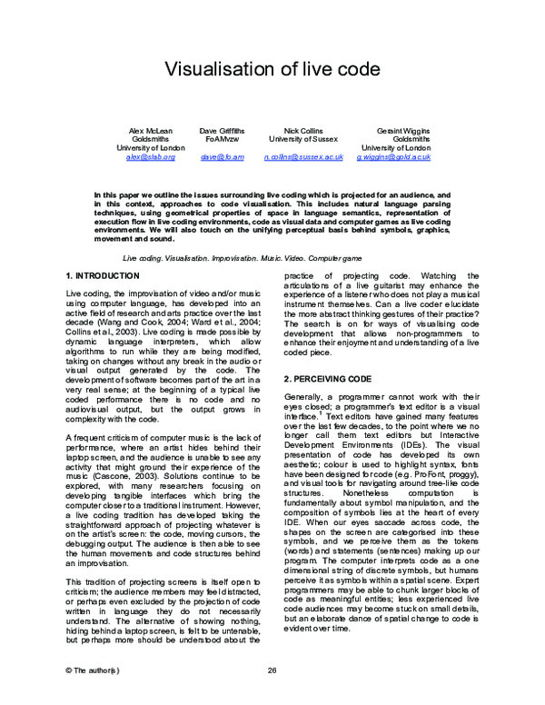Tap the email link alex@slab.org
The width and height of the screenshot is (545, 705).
[150, 157]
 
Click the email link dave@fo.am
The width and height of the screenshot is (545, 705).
[223, 157]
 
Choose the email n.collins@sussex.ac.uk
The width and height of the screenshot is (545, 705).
[303, 157]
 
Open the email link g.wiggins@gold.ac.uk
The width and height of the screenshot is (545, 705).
[393, 157]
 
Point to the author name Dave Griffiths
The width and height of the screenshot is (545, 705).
[223, 130]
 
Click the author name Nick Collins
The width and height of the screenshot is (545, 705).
[303, 130]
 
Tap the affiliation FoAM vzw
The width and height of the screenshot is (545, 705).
[223, 139]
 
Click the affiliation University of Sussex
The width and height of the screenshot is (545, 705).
[303, 139]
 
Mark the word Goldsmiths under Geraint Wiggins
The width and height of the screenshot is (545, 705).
[411, 139]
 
